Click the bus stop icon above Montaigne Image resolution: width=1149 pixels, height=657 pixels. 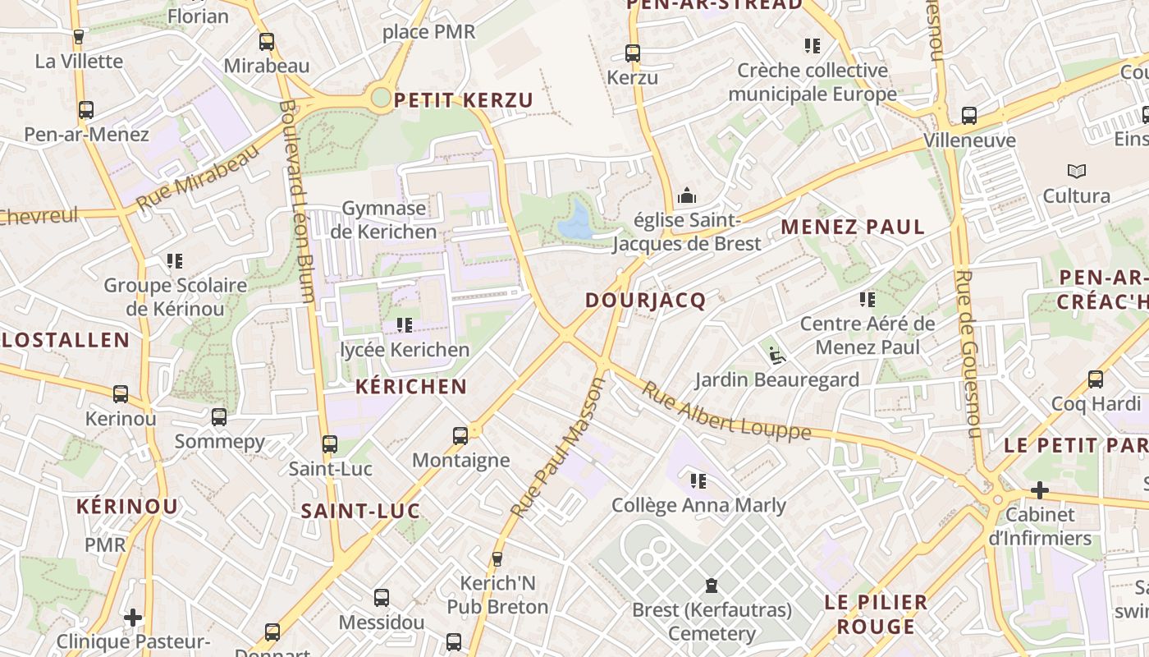point(460,435)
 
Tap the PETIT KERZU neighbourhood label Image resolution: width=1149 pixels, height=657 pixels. point(464,101)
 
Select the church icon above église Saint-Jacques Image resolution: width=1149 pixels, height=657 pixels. point(686,195)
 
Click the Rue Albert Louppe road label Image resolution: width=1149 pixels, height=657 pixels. point(726,411)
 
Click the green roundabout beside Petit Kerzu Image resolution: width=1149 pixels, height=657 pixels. point(381,99)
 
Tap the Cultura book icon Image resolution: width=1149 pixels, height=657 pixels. point(1076,171)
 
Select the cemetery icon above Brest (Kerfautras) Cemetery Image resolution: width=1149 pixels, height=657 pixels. point(711,586)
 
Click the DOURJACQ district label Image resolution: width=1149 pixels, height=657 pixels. point(645,301)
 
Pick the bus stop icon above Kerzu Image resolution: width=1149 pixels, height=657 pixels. point(632,53)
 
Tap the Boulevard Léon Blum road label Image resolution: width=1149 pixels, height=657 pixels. point(296,201)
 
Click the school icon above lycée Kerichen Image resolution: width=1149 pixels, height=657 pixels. point(404,325)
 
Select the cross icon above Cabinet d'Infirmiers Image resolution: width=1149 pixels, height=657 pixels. point(1039,490)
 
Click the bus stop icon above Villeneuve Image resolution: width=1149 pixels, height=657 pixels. point(968,116)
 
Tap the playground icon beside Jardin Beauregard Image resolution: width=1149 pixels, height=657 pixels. point(775,355)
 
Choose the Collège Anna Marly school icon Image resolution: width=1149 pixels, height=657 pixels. point(698,480)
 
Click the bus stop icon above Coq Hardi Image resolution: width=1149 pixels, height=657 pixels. point(1095,379)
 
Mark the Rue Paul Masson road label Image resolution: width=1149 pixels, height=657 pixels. point(556,448)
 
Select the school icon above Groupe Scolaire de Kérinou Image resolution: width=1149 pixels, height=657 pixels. point(174,261)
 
